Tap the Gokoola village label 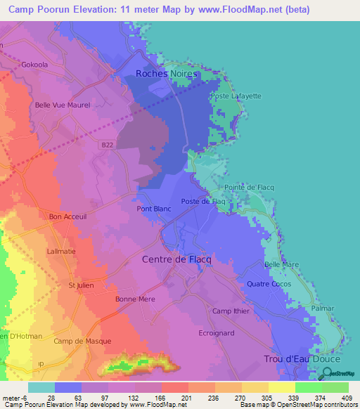tap(36, 63)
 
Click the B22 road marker tap(106, 145)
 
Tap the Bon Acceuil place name tap(67, 217)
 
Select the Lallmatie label tap(61, 250)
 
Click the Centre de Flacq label tap(176, 259)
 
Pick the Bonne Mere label tap(135, 299)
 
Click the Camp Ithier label tap(231, 311)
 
